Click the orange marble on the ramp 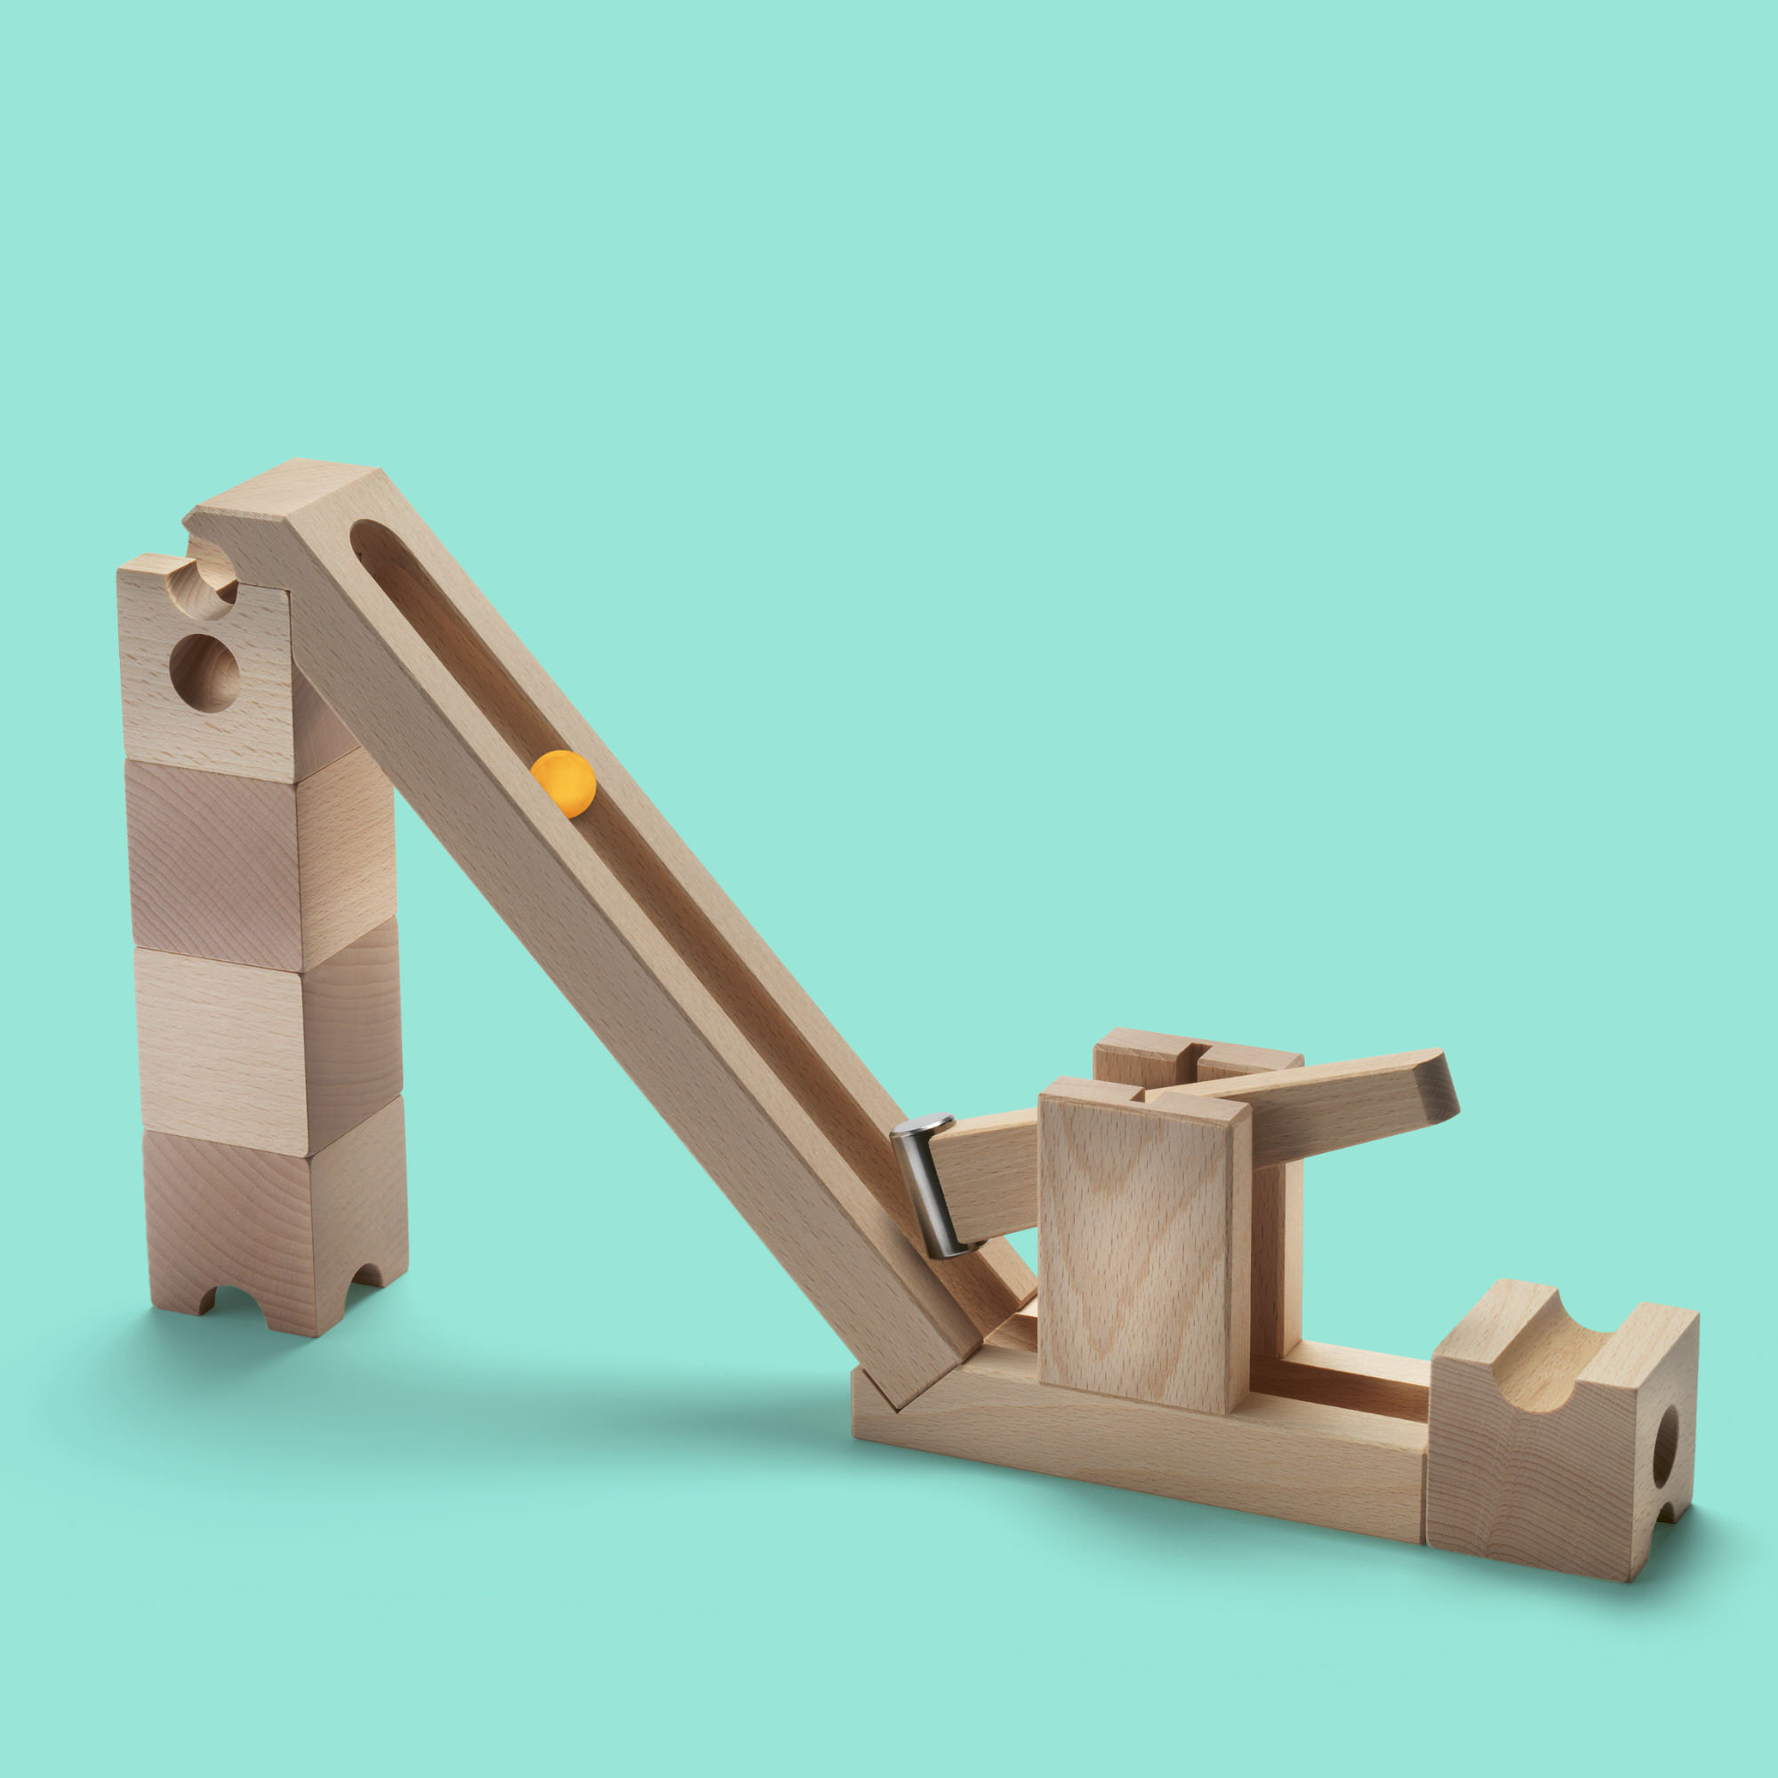(564, 783)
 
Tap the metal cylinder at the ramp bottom (932, 1187)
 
